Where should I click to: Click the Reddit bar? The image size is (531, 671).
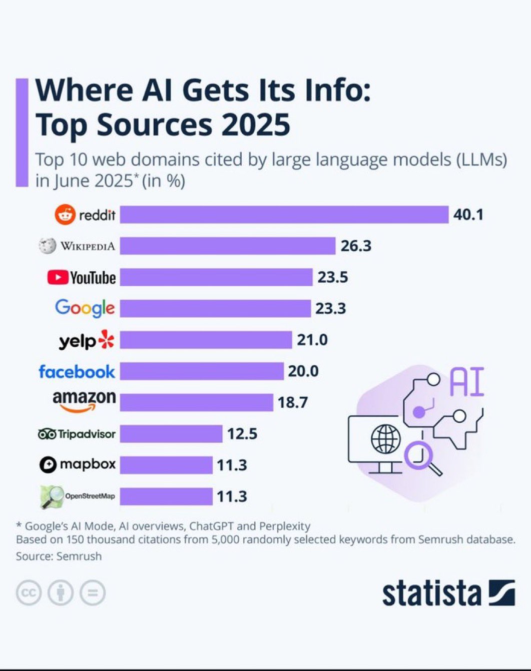tap(284, 215)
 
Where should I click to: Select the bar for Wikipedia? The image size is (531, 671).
tap(228, 246)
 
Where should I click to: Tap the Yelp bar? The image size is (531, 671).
tap(206, 340)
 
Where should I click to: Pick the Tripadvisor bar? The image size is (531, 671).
tap(171, 433)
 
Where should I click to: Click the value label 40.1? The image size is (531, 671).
tap(468, 215)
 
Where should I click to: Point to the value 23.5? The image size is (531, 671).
tap(333, 277)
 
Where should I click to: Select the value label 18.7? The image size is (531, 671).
tap(293, 402)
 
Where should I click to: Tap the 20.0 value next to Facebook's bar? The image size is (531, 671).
tap(303, 371)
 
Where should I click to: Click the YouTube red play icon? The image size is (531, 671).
tap(58, 277)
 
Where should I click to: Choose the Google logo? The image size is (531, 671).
tap(85, 308)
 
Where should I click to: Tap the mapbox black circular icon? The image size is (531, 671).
tap(48, 464)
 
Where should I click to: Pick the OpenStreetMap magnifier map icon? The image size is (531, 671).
tap(52, 496)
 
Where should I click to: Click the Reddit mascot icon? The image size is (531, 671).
tap(65, 215)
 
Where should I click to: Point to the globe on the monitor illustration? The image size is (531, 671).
tap(386, 439)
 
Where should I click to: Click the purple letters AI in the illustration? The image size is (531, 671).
tap(467, 382)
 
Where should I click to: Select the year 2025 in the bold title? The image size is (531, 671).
tap(256, 125)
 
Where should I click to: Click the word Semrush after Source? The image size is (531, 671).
tap(79, 556)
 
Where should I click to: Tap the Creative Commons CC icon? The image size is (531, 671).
tap(29, 593)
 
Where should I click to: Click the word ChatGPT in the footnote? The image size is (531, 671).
tap(212, 526)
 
